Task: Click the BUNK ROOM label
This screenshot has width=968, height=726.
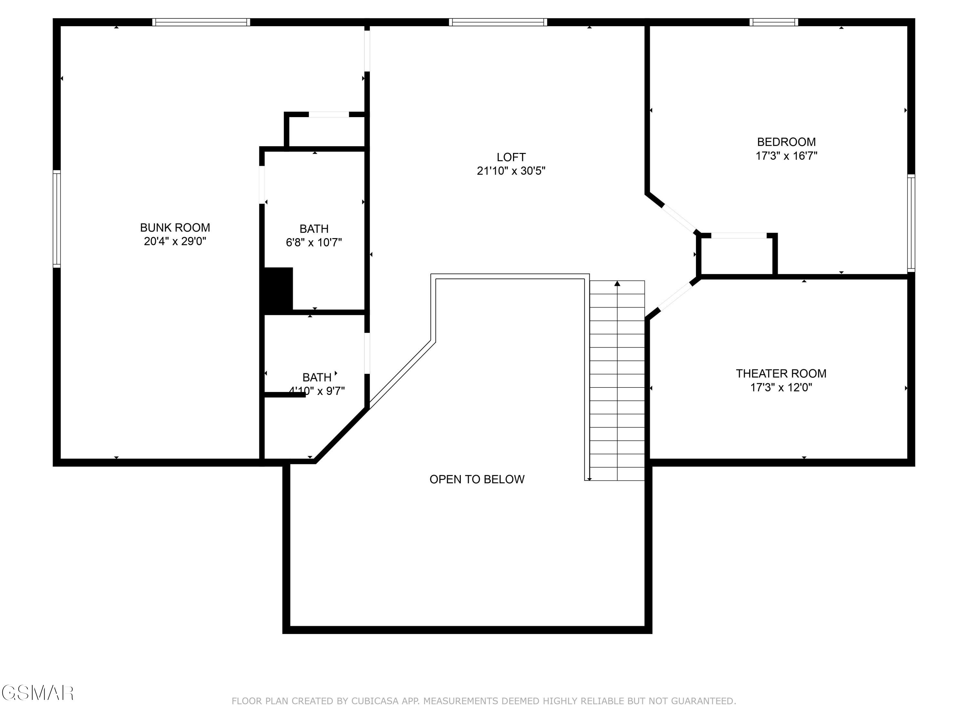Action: tap(175, 227)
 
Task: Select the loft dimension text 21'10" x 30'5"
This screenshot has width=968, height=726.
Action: tap(511, 171)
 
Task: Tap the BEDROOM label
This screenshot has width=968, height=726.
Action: tap(786, 142)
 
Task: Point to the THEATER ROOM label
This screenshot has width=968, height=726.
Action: tap(781, 373)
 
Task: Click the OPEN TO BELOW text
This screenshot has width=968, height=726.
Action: tap(477, 479)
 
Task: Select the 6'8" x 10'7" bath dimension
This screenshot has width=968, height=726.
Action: tap(314, 242)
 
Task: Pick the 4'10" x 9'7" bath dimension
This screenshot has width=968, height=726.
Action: tap(317, 391)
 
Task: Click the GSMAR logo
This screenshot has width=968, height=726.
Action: tap(37, 693)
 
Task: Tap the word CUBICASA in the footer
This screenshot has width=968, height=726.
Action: tap(375, 701)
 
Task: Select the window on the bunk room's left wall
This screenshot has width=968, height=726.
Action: tap(57, 218)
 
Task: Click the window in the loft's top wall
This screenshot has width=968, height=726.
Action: tap(498, 22)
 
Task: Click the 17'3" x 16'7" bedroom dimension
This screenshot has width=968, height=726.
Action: tap(786, 156)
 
